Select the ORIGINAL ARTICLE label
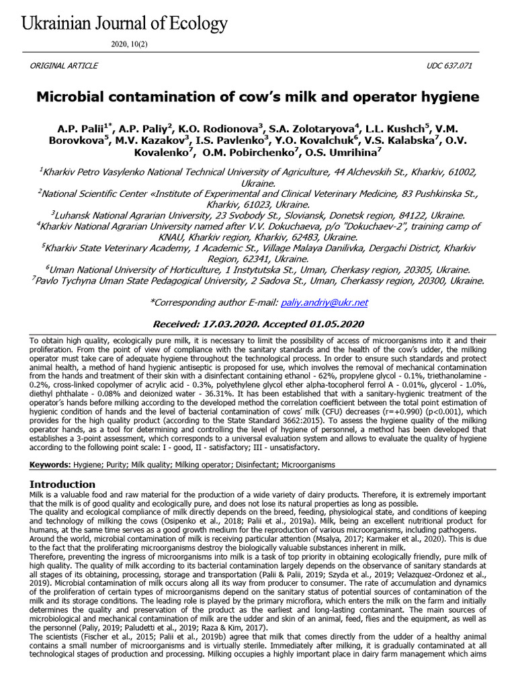[64, 65]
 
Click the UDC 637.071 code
[454, 65]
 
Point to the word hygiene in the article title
[449, 97]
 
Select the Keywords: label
[50, 465]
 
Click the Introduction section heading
[62, 484]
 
